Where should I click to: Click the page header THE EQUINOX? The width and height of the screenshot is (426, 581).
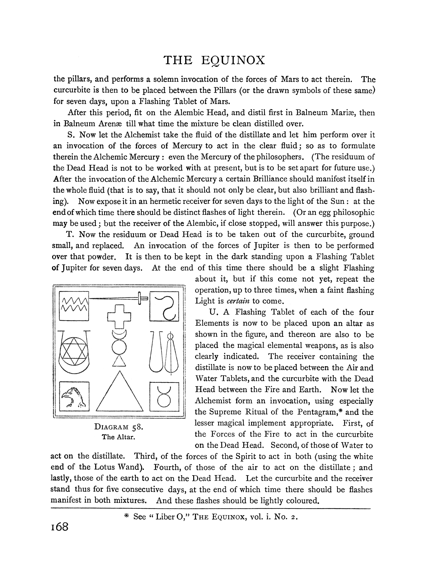click(214, 60)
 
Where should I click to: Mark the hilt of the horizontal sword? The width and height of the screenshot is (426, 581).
click(141, 298)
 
